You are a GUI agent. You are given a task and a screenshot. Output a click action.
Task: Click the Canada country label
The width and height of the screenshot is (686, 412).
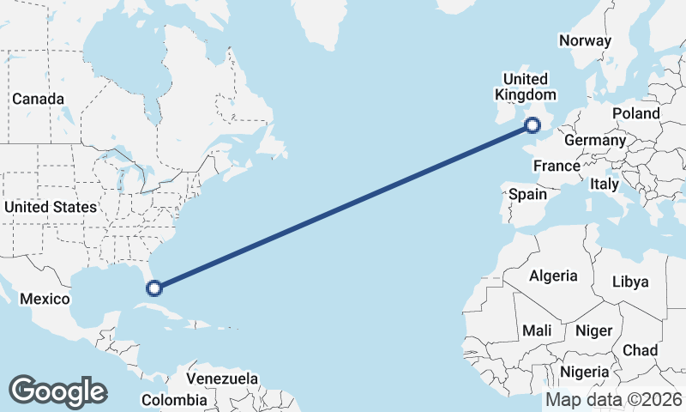coord(38,99)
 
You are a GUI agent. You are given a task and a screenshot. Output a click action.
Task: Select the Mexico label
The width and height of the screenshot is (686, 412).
coord(44,299)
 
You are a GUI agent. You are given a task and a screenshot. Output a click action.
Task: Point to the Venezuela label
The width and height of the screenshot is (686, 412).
coord(222,379)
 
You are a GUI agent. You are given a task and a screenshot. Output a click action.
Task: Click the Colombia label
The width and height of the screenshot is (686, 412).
coord(174,400)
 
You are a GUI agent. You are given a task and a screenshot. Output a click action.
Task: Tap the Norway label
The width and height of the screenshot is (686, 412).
coord(585,40)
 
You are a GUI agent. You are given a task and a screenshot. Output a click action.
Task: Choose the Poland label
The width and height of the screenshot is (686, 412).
coord(636,113)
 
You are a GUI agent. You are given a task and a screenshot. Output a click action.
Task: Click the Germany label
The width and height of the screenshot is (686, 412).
coord(595,140)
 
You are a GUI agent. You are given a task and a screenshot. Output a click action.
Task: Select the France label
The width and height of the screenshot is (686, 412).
coord(557,166)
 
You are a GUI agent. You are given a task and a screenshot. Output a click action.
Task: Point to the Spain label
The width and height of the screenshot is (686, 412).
coord(527,194)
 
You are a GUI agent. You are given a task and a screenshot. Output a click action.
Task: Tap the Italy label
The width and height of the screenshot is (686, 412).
coord(604,184)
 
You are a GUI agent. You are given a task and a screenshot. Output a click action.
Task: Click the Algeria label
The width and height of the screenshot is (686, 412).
coord(553,276)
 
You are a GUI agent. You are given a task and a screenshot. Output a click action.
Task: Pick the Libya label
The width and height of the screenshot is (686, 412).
coord(630,282)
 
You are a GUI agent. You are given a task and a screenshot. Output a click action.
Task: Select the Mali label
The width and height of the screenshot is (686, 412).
coord(537,330)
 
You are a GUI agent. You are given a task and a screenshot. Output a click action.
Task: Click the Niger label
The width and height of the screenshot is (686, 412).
coord(593,330)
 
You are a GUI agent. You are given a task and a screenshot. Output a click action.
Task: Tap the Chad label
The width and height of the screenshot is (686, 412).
coord(641,350)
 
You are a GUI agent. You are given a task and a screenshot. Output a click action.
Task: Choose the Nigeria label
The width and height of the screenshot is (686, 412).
coord(585,373)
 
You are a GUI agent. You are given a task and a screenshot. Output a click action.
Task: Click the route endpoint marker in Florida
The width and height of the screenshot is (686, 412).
coord(154,288)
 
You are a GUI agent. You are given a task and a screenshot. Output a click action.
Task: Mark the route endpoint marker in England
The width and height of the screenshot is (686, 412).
coord(533,125)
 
